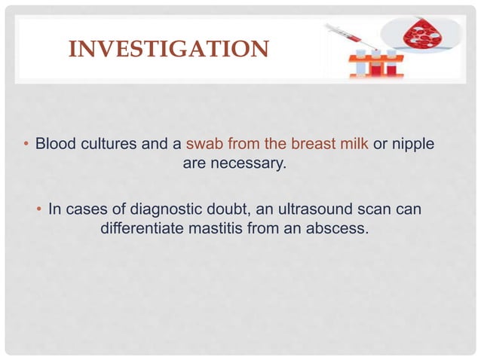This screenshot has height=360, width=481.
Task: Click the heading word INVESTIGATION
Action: [x=167, y=50]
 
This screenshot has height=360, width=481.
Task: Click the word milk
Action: [x=351, y=143]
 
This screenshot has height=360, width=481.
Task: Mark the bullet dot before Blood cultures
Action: [x=26, y=144]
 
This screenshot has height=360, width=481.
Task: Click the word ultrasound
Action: [x=314, y=207]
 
